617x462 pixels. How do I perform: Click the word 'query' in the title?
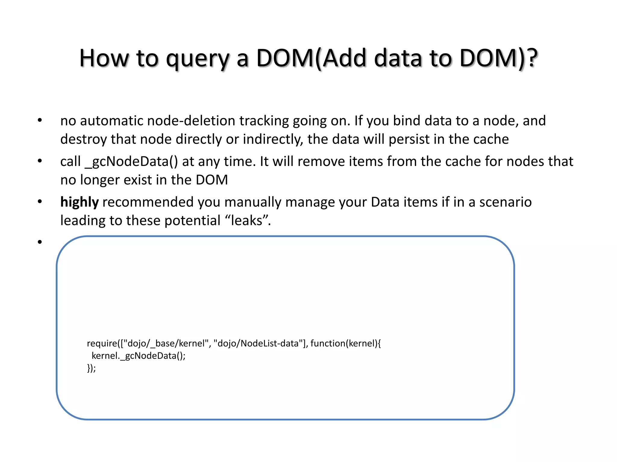click(198, 59)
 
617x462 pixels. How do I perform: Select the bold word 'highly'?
click(79, 202)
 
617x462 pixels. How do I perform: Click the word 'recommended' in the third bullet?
click(148, 202)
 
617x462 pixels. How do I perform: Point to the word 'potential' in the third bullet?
click(193, 220)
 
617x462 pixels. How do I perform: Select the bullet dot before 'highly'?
click(40, 202)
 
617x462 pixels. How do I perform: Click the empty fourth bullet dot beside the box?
click(40, 242)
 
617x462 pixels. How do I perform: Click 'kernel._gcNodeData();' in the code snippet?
click(138, 356)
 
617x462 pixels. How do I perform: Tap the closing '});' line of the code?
click(91, 368)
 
